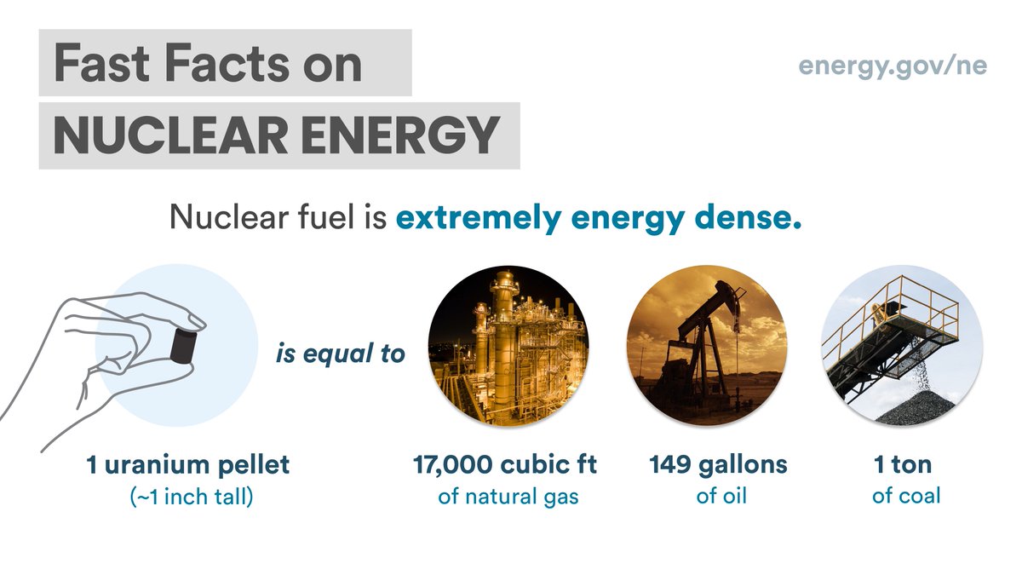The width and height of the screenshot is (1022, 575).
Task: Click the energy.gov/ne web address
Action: pos(892,66)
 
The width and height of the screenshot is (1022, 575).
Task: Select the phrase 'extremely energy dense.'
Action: pos(599,218)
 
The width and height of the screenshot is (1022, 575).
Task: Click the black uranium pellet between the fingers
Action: pos(181,342)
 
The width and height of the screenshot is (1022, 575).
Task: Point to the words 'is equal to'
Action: pos(340,353)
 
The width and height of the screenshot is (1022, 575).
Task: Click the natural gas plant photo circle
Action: pos(508,345)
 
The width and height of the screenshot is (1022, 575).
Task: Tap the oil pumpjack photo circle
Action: pos(706,345)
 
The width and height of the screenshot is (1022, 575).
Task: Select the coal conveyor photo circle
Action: pos(901,345)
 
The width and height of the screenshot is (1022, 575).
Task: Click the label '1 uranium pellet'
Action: pos(188,466)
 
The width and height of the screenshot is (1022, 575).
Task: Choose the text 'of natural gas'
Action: pos(508,496)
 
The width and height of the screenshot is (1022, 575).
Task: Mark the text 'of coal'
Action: pos(906,495)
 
